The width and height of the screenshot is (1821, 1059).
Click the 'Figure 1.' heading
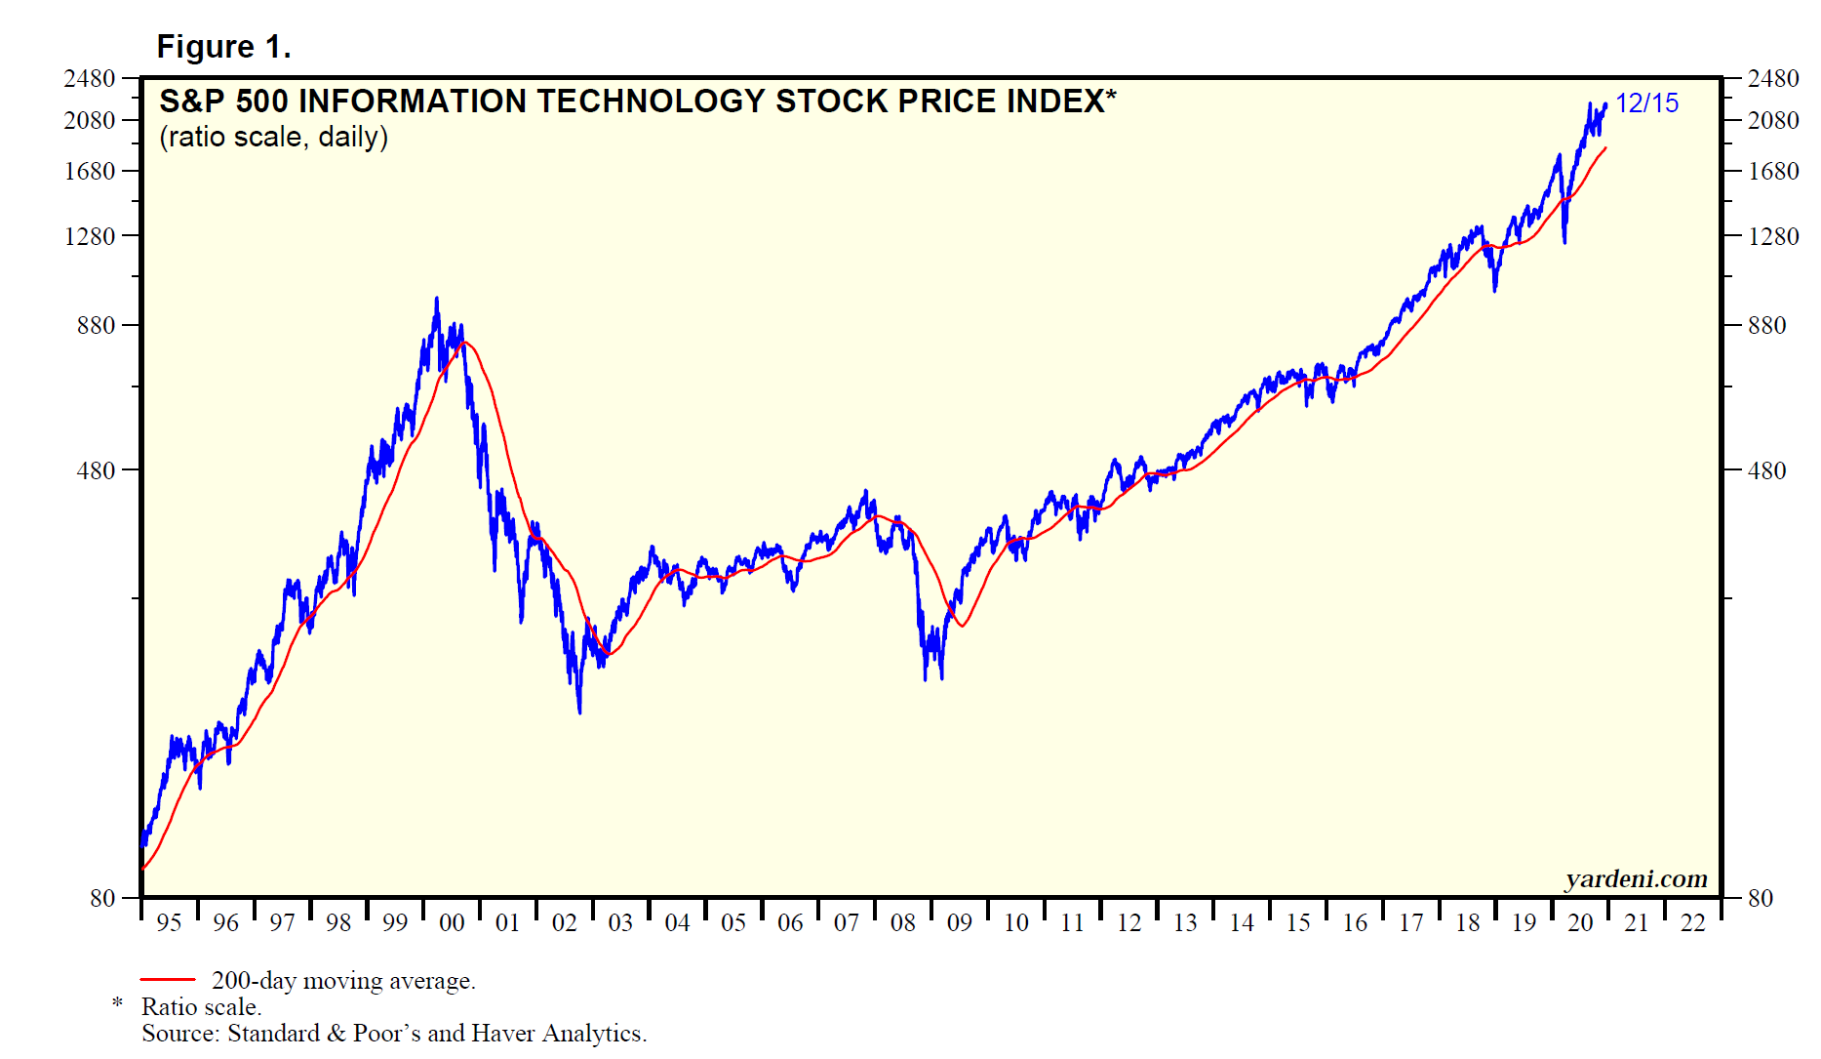tap(223, 47)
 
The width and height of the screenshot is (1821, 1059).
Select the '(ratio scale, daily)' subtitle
tap(273, 137)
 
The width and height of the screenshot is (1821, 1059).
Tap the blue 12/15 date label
tap(1646, 103)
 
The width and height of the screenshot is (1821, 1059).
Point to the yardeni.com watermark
tap(1636, 879)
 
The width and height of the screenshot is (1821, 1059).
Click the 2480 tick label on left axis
tap(90, 79)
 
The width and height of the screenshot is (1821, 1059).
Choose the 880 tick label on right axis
tap(1766, 326)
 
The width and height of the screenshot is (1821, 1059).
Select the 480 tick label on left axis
tap(97, 470)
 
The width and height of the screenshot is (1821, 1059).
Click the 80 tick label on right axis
tap(1760, 898)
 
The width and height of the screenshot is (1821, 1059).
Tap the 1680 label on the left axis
tap(90, 172)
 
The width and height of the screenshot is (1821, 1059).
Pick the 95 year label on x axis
tap(169, 923)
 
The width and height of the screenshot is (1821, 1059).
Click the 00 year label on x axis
tap(452, 923)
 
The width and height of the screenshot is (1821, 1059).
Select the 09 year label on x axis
tap(960, 923)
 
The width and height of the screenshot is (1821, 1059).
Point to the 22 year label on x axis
tap(1693, 923)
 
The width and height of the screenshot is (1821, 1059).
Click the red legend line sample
tap(168, 979)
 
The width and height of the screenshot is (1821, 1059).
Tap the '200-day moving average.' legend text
tap(343, 981)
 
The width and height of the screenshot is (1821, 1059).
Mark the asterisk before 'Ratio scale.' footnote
tap(118, 1004)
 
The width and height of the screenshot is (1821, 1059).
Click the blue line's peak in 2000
tap(436, 299)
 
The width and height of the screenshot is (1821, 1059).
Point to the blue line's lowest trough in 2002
tap(579, 713)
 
